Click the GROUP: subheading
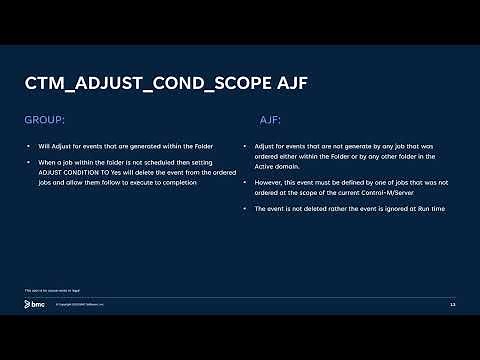coord(44,119)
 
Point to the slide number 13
coord(452,304)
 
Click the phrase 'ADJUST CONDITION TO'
coord(77,172)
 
